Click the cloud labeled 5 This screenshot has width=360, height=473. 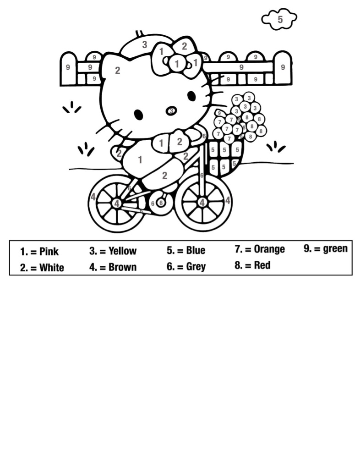(279, 20)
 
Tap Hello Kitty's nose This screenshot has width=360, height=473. (171, 111)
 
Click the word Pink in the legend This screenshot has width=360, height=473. (49, 251)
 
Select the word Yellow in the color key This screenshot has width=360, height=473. (122, 251)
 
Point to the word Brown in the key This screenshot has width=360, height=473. (122, 267)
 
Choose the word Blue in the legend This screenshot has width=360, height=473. (196, 250)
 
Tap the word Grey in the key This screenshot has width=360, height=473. (196, 267)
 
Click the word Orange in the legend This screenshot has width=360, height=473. (269, 249)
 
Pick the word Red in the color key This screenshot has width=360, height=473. (262, 265)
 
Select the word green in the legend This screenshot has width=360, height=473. (335, 249)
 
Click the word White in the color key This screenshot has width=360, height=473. (52, 268)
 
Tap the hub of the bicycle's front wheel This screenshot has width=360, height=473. (202, 202)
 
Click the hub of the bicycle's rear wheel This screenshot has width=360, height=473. (117, 203)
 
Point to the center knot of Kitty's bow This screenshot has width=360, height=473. (177, 64)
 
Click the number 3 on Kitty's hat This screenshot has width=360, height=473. (145, 44)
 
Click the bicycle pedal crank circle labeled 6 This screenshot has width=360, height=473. (161, 203)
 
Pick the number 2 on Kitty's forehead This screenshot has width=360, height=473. (118, 71)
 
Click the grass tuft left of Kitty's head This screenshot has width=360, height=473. (72, 108)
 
